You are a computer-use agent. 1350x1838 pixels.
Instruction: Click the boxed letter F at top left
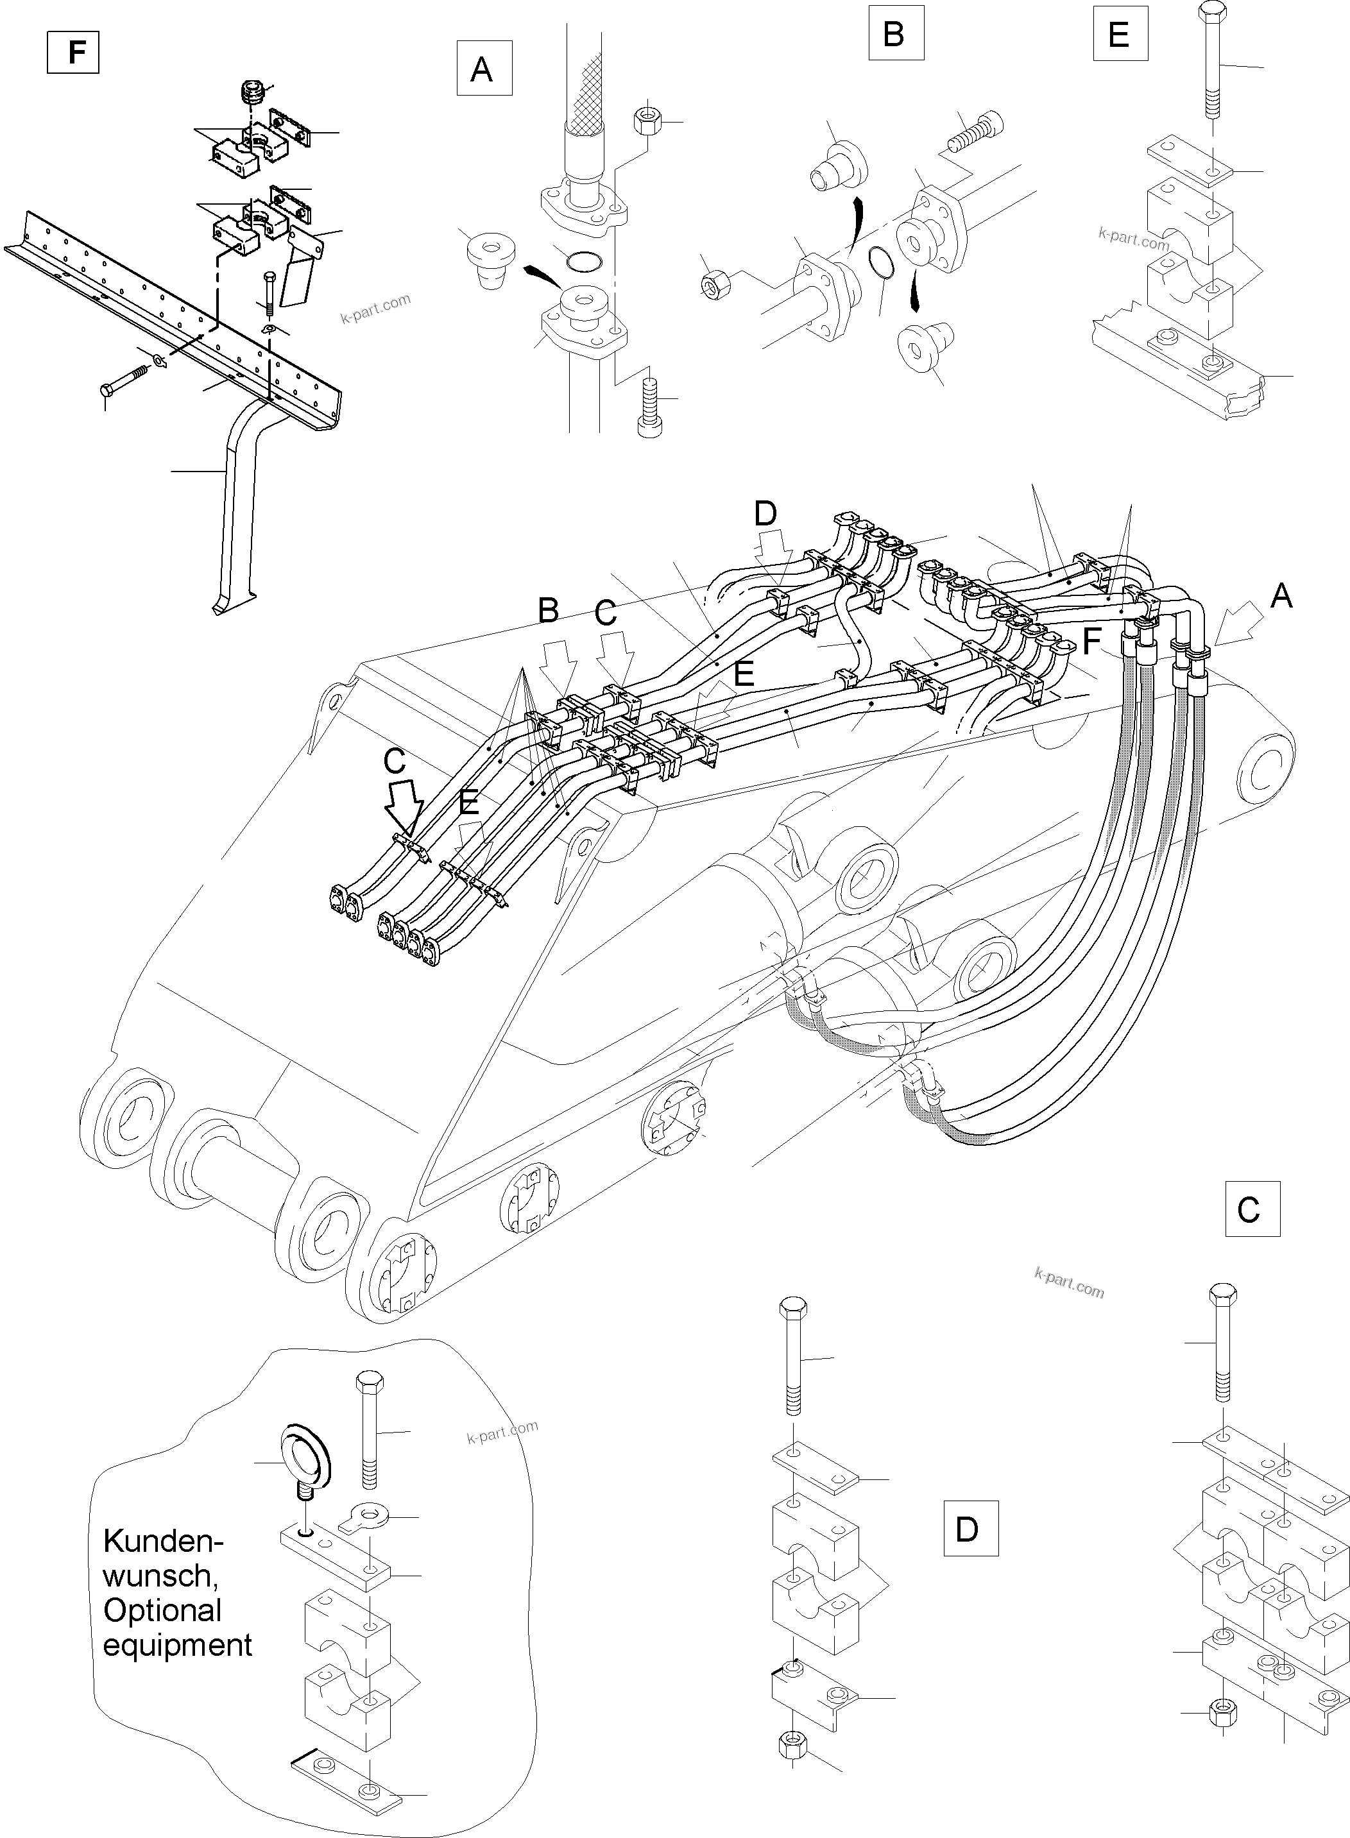74,51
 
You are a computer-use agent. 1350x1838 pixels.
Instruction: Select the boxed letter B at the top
895,33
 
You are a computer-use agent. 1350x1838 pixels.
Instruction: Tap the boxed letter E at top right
1120,33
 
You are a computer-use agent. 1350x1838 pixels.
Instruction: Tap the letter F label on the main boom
1092,642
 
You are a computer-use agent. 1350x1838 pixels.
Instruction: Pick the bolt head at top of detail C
1222,1294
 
